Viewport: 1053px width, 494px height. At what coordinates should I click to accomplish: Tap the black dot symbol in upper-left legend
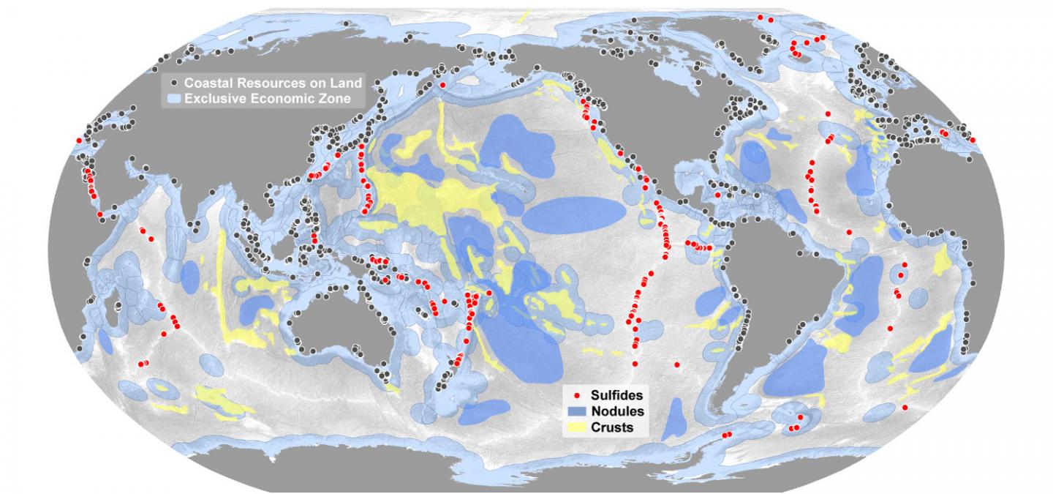(x=173, y=83)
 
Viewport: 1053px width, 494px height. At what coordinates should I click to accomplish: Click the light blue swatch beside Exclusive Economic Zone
(x=174, y=97)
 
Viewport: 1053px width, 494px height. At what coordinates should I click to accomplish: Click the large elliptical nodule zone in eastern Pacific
(x=574, y=214)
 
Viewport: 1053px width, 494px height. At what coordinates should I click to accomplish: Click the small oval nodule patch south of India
(x=190, y=277)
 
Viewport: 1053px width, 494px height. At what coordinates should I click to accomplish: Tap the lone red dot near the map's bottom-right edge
(x=905, y=408)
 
